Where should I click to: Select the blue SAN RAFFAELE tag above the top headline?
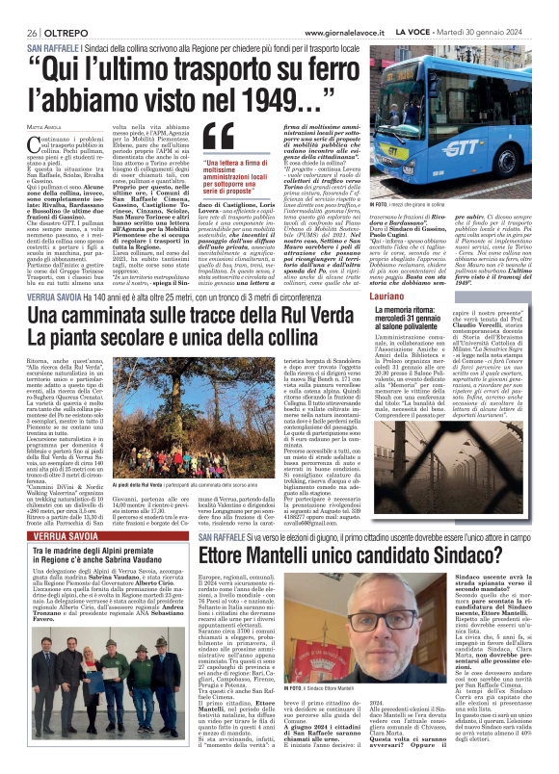tap(58, 46)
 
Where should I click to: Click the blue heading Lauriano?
tap(451, 246)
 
